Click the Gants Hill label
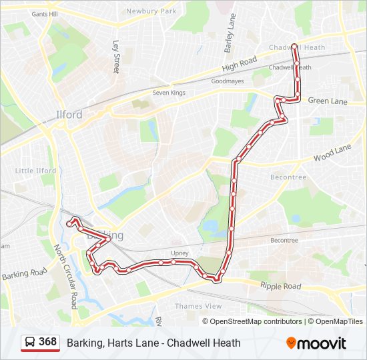44,13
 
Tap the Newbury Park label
152,11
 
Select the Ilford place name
69,115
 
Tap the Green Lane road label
328,101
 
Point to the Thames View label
198,306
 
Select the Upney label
180,253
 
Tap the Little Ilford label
35,171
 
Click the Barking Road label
24,273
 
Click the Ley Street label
116,57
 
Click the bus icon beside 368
30,342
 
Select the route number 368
47,342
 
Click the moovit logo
316,343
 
